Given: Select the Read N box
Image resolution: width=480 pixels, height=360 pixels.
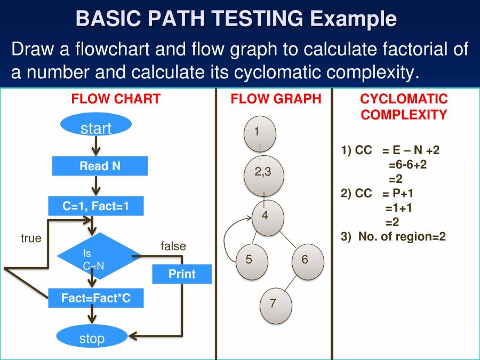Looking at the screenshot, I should tap(100, 166).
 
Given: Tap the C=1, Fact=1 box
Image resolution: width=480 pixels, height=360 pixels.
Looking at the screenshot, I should tap(96, 206).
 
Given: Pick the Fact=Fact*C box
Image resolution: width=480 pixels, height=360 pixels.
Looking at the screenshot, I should tap(96, 298).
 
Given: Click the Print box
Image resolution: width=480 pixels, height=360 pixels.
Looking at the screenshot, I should tap(182, 274).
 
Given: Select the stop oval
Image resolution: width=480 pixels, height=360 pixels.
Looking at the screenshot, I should tap(92, 338).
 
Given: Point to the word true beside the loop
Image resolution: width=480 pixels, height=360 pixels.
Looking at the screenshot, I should tap(31, 238).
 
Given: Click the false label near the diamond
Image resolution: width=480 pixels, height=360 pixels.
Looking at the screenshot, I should tap(173, 246).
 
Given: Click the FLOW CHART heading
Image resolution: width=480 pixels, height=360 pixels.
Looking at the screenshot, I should tap(116, 99).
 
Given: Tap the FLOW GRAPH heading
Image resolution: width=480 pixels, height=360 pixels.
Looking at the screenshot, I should tap(276, 99).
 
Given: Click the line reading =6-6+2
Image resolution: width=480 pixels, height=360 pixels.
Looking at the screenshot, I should tap(407, 164).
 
